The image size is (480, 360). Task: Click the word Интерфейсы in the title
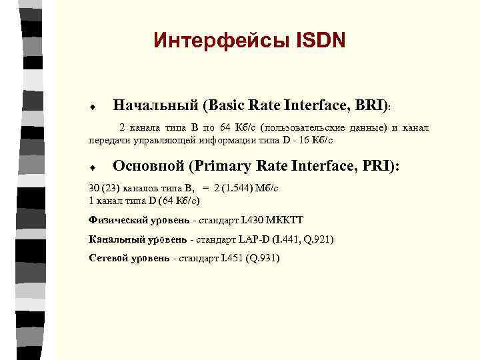coord(217,41)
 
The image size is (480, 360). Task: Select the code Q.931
coord(263,258)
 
